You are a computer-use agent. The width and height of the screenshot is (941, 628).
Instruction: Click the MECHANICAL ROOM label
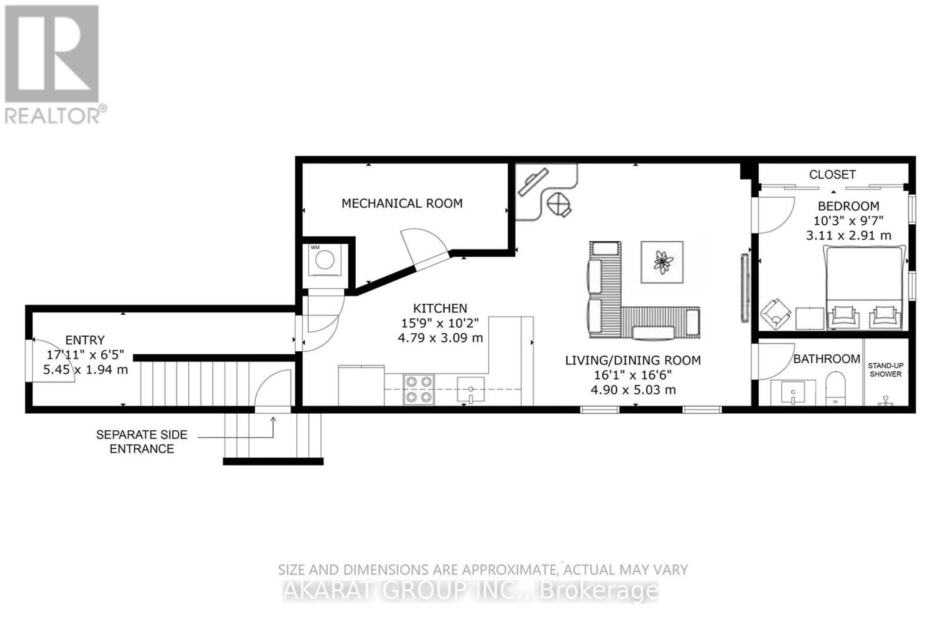click(402, 204)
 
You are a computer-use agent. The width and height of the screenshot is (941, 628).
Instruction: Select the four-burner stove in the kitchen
click(418, 390)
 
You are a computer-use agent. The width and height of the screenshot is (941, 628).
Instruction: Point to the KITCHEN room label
click(440, 308)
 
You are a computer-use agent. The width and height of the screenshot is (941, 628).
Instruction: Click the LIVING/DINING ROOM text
click(633, 360)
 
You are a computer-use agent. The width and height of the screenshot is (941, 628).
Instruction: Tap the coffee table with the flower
click(662, 262)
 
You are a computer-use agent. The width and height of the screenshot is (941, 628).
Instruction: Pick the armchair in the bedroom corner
click(775, 314)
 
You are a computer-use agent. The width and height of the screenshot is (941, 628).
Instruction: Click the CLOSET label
click(832, 175)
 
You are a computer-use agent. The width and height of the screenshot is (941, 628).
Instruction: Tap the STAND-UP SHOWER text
click(885, 370)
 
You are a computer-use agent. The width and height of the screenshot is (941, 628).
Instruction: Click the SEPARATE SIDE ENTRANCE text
click(142, 442)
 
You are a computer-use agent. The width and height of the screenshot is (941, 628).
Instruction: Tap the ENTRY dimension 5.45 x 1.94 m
click(85, 370)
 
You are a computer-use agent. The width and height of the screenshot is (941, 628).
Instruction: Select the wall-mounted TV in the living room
click(744, 288)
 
